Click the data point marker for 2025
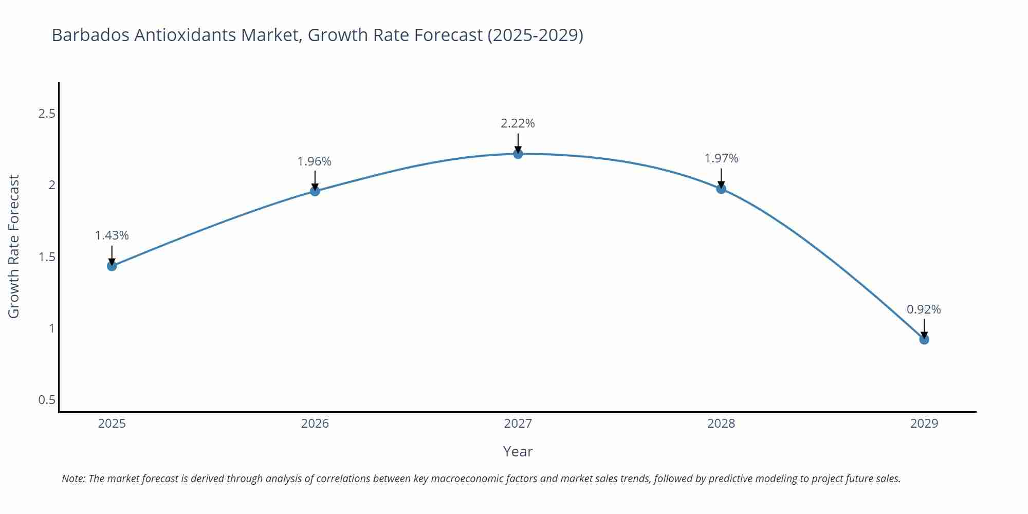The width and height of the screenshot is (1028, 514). tap(112, 266)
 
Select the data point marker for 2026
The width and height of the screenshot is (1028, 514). tap(315, 191)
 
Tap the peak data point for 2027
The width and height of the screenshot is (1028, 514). tap(518, 154)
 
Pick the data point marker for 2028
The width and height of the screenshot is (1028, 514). tap(721, 189)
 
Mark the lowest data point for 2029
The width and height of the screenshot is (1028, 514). tap(924, 339)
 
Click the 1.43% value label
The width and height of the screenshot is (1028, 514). tap(112, 235)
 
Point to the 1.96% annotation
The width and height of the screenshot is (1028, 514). tap(315, 161)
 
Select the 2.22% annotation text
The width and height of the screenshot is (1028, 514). tap(518, 123)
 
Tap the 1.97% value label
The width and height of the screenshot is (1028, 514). tap(721, 158)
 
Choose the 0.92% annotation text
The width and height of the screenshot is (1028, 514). tap(924, 309)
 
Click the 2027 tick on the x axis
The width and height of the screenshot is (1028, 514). tap(518, 424)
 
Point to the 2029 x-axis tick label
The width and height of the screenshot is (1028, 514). tap(924, 424)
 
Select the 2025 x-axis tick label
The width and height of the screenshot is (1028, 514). tap(112, 424)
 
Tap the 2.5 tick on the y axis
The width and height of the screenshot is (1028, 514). tap(47, 114)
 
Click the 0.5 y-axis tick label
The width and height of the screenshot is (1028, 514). tap(47, 400)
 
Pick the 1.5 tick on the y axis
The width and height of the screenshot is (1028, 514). tap(47, 257)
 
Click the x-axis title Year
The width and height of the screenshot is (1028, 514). tap(518, 451)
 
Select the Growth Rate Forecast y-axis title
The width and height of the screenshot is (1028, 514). tap(14, 246)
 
